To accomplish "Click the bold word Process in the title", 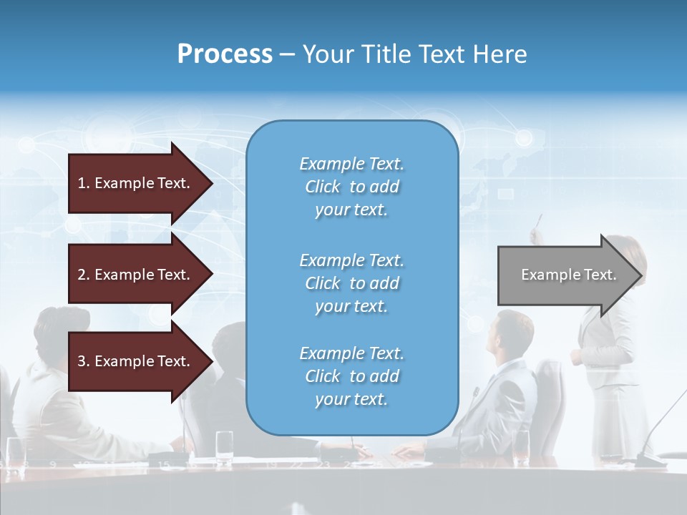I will point(225,54).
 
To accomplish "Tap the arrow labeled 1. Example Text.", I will point(136,183).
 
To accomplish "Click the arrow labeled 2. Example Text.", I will point(136,275).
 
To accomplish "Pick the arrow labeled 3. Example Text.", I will point(136,361).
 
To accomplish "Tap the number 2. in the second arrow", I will point(84,275).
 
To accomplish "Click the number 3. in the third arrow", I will point(84,361).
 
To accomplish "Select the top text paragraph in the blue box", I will point(351,187).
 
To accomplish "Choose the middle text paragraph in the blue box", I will point(351,283).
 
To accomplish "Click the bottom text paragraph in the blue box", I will point(351,376).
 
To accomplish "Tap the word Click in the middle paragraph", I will point(323,283).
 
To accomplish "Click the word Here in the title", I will point(501,54).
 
